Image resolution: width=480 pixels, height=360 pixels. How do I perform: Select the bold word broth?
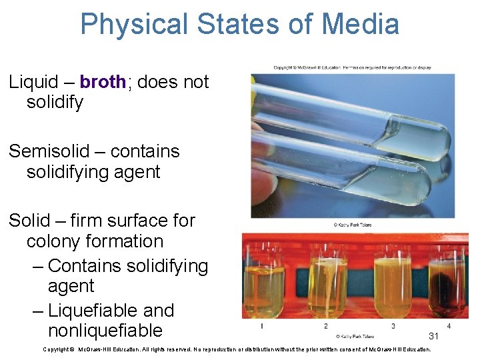click(102, 82)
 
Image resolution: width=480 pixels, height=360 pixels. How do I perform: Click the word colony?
click(55, 241)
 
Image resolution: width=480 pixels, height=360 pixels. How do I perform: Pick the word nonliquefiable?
click(105, 331)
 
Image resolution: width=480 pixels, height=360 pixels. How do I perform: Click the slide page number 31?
click(434, 337)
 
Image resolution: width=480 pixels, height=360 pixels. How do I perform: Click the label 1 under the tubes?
click(262, 326)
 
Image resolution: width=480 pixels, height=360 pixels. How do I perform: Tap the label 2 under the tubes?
click(325, 326)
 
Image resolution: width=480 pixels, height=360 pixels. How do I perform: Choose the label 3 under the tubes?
click(393, 326)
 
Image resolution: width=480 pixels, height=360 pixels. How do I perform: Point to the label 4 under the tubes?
click(449, 326)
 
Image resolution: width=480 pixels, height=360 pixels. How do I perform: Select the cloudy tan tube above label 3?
click(393, 287)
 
